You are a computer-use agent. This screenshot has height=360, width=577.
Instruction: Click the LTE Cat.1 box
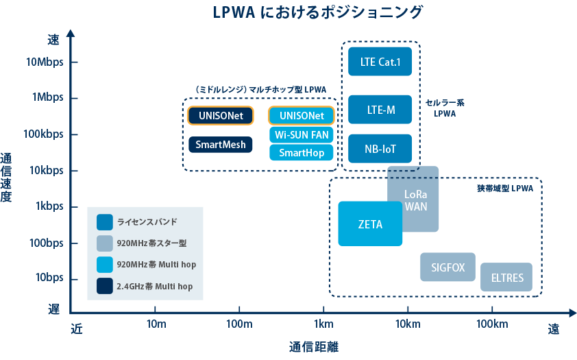(x=380, y=62)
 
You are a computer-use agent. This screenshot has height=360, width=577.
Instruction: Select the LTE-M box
(x=380, y=110)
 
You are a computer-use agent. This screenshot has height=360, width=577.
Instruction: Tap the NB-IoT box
(x=380, y=148)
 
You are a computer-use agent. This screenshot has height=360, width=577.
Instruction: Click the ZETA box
(x=370, y=224)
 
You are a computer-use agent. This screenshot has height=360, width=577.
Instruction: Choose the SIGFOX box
(x=447, y=267)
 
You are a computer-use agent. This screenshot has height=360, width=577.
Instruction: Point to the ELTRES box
(x=507, y=278)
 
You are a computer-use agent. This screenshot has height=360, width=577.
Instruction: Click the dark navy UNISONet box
(x=221, y=116)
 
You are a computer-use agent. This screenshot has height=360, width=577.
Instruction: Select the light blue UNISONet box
(x=302, y=116)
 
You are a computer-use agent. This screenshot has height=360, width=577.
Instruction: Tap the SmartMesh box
(x=221, y=145)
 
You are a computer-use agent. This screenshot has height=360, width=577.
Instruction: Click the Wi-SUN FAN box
(x=302, y=134)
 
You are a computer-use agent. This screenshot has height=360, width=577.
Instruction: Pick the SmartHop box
(x=302, y=152)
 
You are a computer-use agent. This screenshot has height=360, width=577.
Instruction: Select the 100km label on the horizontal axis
(x=492, y=323)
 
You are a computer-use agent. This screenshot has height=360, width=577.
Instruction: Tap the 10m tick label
(x=157, y=323)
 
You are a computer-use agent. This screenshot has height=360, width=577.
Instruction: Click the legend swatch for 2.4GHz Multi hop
(x=105, y=286)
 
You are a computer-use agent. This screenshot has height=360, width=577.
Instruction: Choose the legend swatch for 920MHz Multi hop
(x=105, y=265)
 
